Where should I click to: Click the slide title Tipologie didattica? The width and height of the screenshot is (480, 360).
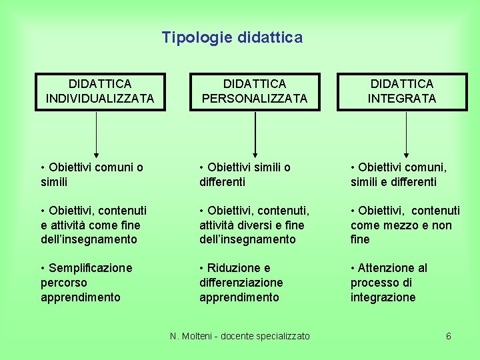232,37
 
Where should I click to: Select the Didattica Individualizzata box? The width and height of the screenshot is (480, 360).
100,91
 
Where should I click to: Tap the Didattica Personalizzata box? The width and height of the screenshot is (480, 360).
254,91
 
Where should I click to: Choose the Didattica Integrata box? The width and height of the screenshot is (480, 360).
402,91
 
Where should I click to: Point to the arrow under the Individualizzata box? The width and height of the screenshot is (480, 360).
97,134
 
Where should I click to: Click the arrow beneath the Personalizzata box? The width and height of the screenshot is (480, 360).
254,134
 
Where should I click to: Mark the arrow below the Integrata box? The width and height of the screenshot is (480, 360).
406,134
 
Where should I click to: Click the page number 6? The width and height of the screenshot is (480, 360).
449,336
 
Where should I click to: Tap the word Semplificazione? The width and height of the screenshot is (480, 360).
89,268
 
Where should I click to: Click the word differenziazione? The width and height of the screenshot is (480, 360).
241,283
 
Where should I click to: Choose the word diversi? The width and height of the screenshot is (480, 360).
263,225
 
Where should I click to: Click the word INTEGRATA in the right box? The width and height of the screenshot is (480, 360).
402,99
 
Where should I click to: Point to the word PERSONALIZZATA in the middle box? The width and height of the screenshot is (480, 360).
254,99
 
